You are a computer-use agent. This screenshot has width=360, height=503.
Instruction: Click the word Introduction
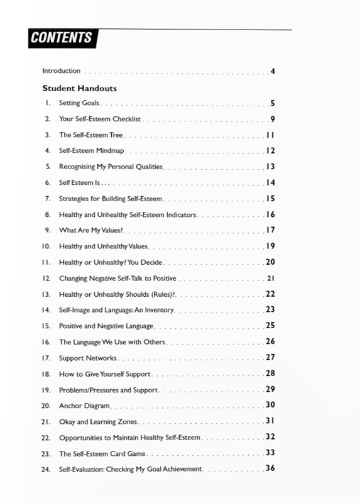(61, 71)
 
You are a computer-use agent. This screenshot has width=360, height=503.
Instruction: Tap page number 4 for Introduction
(273, 71)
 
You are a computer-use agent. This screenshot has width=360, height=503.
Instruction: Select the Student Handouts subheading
(79, 89)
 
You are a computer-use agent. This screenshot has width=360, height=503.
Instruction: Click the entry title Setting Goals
(79, 103)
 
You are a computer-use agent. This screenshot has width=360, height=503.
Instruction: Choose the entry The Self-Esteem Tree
(90, 135)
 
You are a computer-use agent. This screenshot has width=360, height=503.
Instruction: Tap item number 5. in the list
(47, 167)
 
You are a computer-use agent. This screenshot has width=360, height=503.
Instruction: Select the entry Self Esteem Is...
(80, 183)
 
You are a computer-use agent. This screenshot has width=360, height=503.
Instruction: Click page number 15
(271, 199)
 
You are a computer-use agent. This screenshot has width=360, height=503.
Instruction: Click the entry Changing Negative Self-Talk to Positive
(117, 278)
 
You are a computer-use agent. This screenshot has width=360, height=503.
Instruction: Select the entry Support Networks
(87, 358)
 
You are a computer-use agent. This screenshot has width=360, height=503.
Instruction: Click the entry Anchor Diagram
(84, 406)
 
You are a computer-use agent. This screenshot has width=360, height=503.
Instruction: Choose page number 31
(271, 421)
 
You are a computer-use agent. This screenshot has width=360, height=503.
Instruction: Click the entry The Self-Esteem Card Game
(102, 453)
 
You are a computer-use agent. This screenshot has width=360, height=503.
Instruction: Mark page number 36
(271, 468)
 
